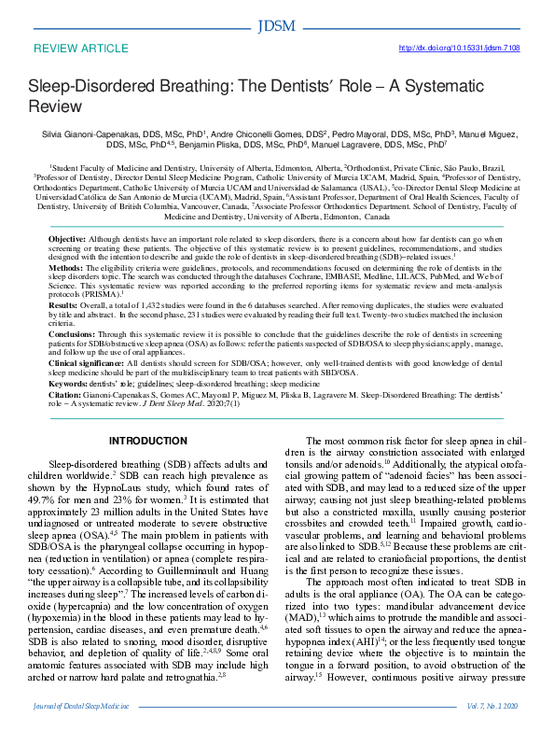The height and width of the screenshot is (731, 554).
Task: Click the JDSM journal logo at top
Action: point(276,24)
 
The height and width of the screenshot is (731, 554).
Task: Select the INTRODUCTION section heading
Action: point(148,442)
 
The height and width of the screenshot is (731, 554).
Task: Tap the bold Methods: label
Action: point(65,266)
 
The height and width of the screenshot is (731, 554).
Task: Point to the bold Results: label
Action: point(63,305)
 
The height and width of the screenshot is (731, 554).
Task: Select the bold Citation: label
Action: point(67,397)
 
